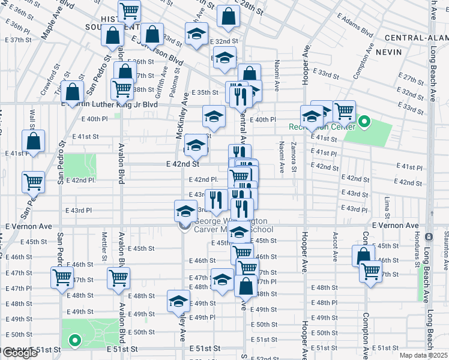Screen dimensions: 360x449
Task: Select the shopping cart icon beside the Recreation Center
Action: click(344, 110)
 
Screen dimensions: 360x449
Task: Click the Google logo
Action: click(19, 353)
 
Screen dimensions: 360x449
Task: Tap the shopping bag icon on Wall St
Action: click(34, 141)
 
